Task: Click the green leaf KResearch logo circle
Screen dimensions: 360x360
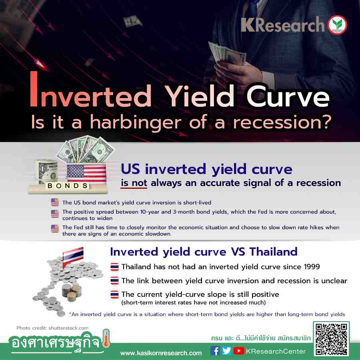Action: (x=337, y=25)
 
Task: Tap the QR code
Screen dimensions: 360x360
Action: (x=331, y=340)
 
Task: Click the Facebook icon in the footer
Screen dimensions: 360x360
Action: (x=215, y=350)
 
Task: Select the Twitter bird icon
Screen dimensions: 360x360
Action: (x=226, y=350)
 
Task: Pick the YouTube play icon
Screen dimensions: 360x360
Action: (x=239, y=350)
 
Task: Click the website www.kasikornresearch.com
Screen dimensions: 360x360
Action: (x=161, y=353)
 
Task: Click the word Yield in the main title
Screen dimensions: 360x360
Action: (x=199, y=96)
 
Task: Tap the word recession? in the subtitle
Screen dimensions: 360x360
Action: (x=282, y=122)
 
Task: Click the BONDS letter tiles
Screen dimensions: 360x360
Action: (x=68, y=186)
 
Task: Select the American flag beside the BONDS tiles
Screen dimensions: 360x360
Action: (x=86, y=173)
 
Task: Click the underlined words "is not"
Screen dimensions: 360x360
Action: (x=134, y=183)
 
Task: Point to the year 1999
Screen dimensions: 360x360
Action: (x=312, y=266)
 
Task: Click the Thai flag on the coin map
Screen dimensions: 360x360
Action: (x=73, y=256)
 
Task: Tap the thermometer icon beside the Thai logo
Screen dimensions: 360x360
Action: (x=106, y=338)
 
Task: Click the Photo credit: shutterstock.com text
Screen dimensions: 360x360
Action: (x=52, y=328)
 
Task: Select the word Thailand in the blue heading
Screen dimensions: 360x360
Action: (x=274, y=252)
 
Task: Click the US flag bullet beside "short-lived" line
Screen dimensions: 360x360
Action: (x=55, y=202)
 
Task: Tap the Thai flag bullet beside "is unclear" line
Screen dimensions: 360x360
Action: (x=114, y=280)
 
